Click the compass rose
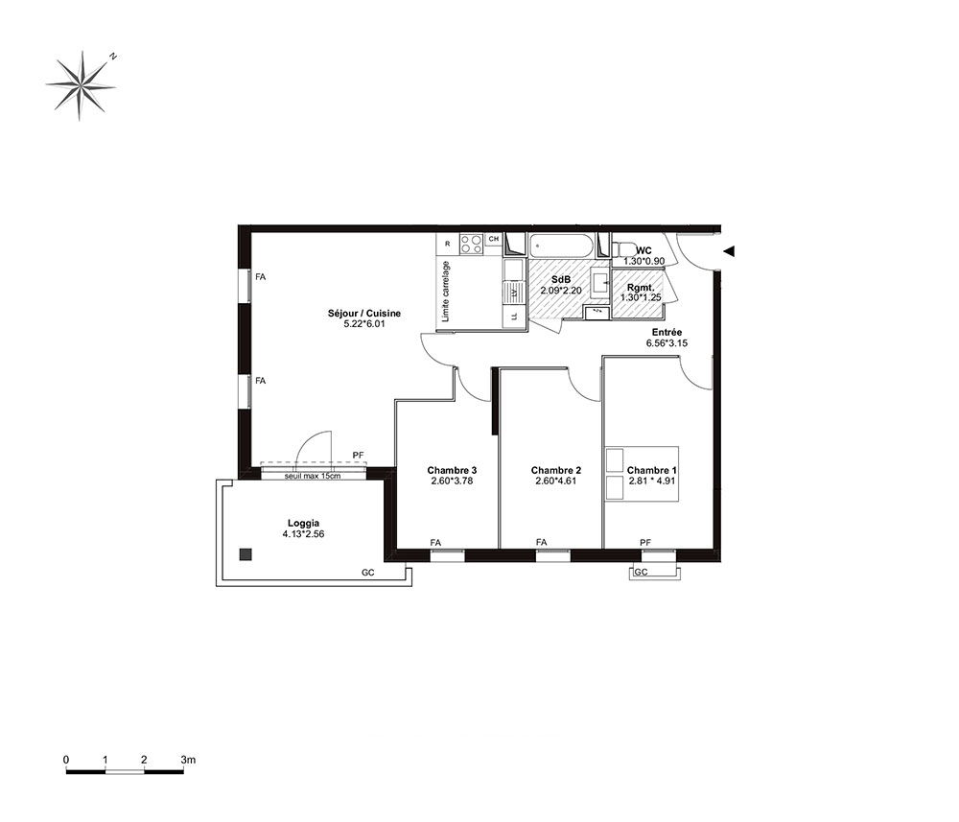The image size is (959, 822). pyautogui.click(x=81, y=85)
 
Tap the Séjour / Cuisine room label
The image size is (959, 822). pyautogui.click(x=364, y=313)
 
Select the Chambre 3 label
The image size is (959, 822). pyautogui.click(x=452, y=470)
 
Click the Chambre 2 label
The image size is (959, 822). pyautogui.click(x=556, y=470)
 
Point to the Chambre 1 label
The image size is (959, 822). pyautogui.click(x=652, y=470)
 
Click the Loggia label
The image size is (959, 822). pyautogui.click(x=303, y=524)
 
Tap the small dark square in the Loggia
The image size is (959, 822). pyautogui.click(x=246, y=554)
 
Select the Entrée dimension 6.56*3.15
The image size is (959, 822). pyautogui.click(x=667, y=343)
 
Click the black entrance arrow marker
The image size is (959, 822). pyautogui.click(x=729, y=250)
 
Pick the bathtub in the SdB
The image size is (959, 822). pyautogui.click(x=561, y=246)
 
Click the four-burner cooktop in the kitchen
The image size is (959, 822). pyautogui.click(x=472, y=245)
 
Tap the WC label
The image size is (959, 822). pyautogui.click(x=644, y=250)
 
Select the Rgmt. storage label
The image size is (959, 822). pyautogui.click(x=641, y=288)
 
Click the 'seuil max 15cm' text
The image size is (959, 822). pyautogui.click(x=313, y=476)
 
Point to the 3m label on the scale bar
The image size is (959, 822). pyautogui.click(x=188, y=760)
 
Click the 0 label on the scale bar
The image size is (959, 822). pyautogui.click(x=66, y=760)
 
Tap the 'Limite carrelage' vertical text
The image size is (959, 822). pyautogui.click(x=446, y=292)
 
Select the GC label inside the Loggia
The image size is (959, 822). pyautogui.click(x=367, y=573)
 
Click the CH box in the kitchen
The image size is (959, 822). pyautogui.click(x=494, y=239)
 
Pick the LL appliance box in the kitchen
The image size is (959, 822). pyautogui.click(x=514, y=317)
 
